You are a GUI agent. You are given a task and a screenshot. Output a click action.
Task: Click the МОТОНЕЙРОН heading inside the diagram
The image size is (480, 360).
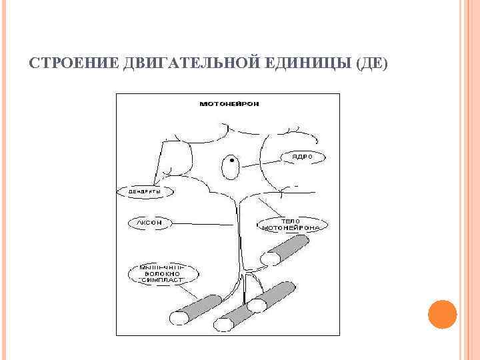click(229, 104)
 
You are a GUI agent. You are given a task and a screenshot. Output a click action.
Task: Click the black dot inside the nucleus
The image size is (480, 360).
click(231, 161)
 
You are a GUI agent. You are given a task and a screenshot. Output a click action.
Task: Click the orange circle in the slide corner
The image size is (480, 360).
click(441, 314)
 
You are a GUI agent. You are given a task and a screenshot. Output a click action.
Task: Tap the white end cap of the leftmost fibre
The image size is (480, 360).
click(179, 318)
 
